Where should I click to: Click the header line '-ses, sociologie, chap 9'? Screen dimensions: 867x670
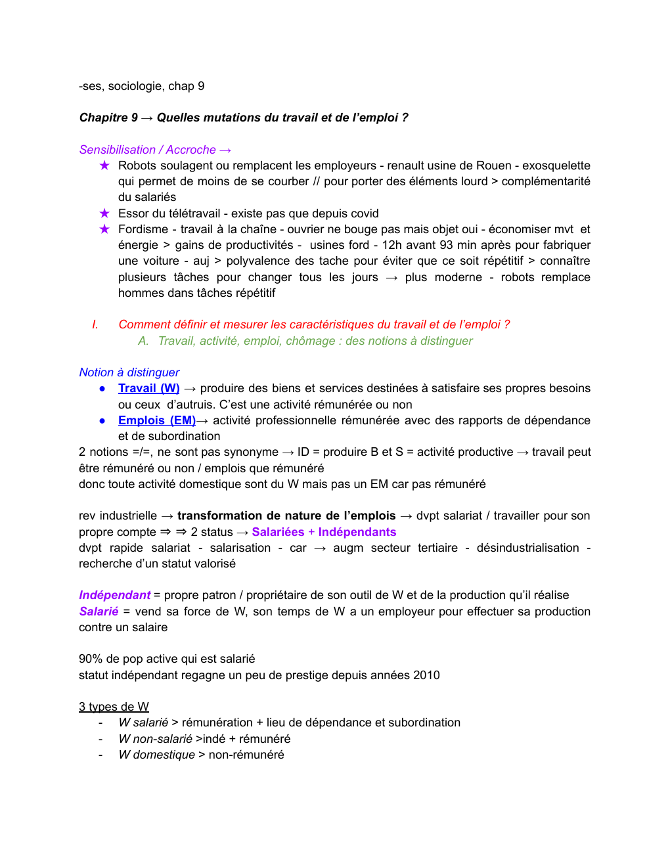click(x=141, y=86)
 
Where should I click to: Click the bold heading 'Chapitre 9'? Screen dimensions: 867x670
click(x=108, y=118)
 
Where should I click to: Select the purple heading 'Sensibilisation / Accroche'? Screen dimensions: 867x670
click(x=148, y=150)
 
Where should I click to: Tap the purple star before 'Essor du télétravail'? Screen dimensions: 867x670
click(x=104, y=213)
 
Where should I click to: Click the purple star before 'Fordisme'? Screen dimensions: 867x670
click(x=104, y=229)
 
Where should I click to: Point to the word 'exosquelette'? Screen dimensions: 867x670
click(x=556, y=166)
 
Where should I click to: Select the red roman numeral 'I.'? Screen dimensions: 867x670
click(x=95, y=324)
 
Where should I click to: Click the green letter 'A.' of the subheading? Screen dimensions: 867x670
click(x=143, y=341)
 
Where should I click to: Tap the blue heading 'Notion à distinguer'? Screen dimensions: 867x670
click(x=129, y=372)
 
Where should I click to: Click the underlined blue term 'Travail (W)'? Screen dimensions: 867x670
click(x=148, y=388)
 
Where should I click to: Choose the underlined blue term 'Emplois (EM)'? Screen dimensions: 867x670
click(x=157, y=420)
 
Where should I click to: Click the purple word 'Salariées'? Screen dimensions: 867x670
click(x=278, y=532)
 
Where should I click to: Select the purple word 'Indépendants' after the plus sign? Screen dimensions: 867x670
click(x=357, y=532)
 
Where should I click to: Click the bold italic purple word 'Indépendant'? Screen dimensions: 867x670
click(x=115, y=595)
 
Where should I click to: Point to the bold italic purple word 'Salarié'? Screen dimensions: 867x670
click(x=99, y=611)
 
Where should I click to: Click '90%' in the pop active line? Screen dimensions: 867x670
click(x=90, y=659)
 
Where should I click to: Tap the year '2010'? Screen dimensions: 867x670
click(x=426, y=675)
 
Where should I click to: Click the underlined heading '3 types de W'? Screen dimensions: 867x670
click(x=114, y=707)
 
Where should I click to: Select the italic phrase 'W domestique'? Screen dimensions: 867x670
click(x=157, y=755)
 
